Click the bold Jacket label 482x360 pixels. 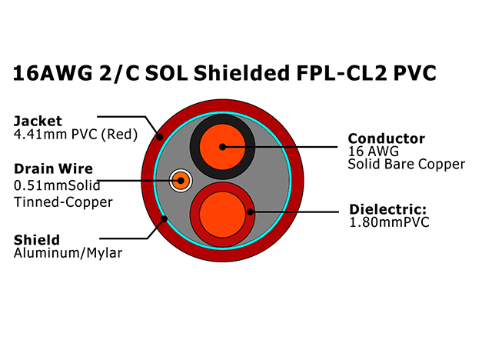38,121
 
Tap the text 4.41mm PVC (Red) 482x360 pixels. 75,135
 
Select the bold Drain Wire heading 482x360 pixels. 53,168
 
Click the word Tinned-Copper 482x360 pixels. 63,202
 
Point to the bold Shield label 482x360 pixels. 37,240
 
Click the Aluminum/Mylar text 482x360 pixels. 68,253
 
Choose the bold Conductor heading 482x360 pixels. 387,138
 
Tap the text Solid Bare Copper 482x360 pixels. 407,164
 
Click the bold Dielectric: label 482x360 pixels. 388,209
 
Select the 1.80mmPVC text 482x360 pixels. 389,222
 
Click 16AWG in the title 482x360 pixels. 52,73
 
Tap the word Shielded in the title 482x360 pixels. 241,73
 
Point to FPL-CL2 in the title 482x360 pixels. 341,73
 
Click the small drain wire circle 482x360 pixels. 181,181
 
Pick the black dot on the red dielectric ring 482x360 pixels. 250,212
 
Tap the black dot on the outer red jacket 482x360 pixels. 159,137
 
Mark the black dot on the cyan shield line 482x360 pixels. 165,219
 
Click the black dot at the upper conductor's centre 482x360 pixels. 223,147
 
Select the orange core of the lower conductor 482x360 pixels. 223,215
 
